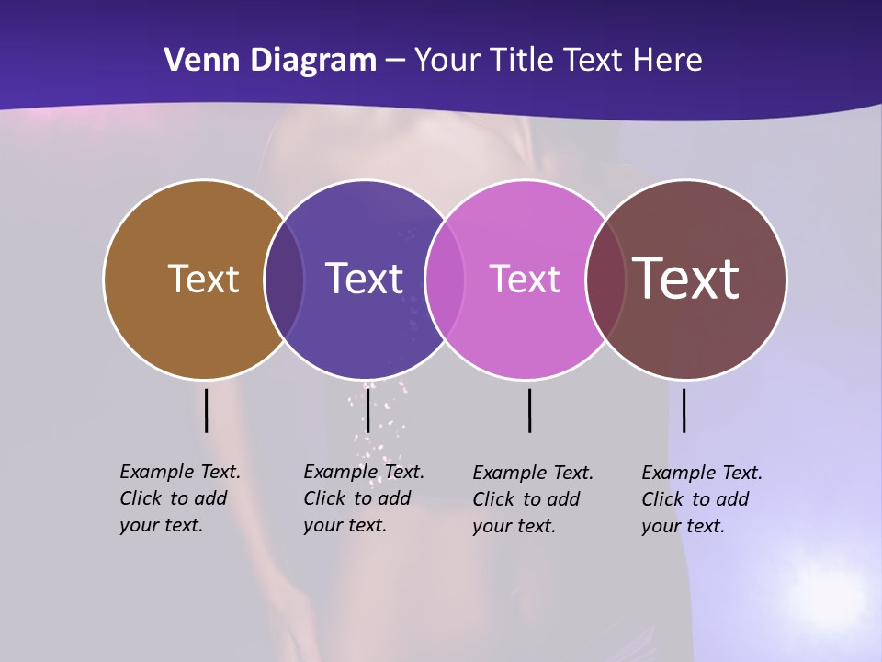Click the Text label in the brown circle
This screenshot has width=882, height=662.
pos(203,279)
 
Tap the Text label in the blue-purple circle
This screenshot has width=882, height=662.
pos(364,279)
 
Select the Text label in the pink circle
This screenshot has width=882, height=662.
pos(525,279)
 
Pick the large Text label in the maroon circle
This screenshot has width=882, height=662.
pos(685,279)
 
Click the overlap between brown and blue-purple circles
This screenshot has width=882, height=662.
pos(284,279)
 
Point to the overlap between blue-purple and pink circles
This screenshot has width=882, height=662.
pos(445,279)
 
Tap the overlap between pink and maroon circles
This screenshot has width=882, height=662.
pos(605,279)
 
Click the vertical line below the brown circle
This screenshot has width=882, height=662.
pos(206,410)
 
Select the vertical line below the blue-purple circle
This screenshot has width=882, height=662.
pos(367,410)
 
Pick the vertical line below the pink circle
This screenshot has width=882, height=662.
pos(530,410)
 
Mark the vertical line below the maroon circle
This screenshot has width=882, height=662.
pos(684,410)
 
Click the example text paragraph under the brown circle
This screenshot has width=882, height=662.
pos(180,498)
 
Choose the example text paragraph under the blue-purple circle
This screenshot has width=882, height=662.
pos(364,498)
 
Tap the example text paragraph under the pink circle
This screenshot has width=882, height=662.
pos(533,499)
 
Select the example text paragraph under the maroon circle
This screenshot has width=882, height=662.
pos(702,499)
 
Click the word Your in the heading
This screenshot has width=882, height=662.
pos(448,61)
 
